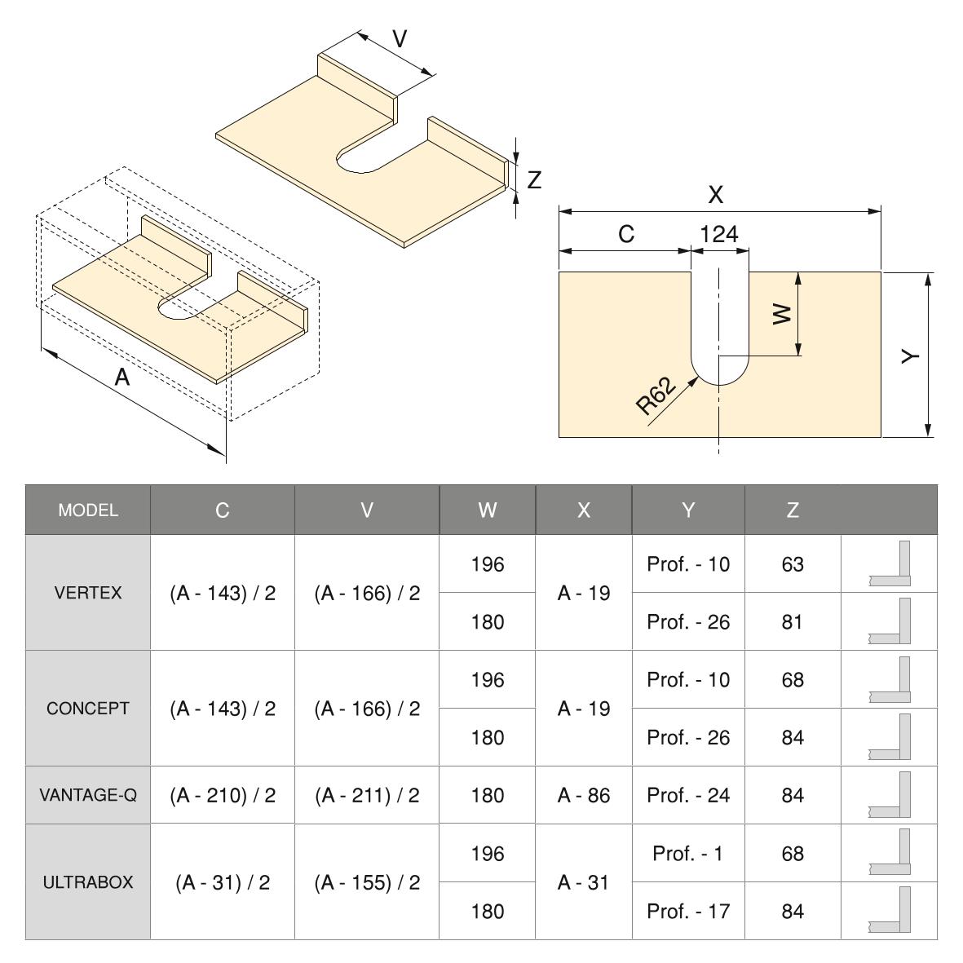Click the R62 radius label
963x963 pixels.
pos(656,395)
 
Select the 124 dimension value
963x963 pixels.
pos(718,234)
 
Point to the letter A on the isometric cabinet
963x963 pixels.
pos(122,377)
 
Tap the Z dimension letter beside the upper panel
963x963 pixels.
pos(534,180)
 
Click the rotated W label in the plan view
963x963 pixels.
pos(782,315)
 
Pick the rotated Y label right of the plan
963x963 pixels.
pos(911,356)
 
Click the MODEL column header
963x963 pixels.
pos(88,510)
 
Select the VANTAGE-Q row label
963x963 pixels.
pos(88,795)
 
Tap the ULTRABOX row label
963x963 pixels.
pos(88,882)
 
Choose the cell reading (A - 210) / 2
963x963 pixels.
pos(223,795)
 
